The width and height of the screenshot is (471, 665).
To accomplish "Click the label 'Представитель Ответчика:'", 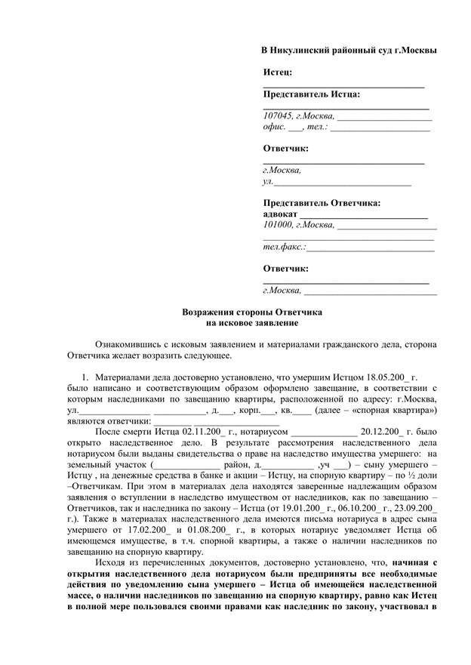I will [322, 203].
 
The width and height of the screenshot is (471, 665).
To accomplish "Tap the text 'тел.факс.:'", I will [284, 247].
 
